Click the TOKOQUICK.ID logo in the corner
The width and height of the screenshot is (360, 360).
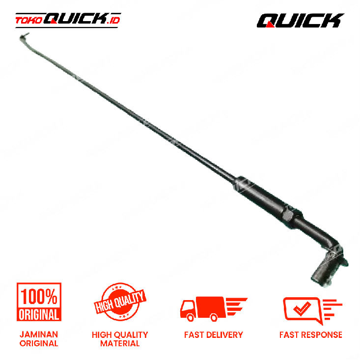point(68,20)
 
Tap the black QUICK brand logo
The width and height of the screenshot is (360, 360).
point(300,21)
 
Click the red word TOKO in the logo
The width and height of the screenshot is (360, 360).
point(28,21)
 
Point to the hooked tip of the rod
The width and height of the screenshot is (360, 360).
point(24,36)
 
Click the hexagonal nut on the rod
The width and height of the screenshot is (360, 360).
point(287,216)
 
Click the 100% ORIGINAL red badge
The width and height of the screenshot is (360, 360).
point(39,302)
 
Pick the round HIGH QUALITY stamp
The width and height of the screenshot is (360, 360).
point(120,302)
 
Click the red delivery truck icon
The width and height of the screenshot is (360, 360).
point(214,308)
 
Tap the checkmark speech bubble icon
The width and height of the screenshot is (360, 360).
point(312,310)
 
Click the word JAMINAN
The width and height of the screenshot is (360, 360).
point(39,334)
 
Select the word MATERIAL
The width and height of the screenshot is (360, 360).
point(120,343)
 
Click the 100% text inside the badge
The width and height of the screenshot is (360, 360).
point(39,297)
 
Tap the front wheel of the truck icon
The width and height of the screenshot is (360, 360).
point(191,318)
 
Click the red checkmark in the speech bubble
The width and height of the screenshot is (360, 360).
point(302,308)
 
